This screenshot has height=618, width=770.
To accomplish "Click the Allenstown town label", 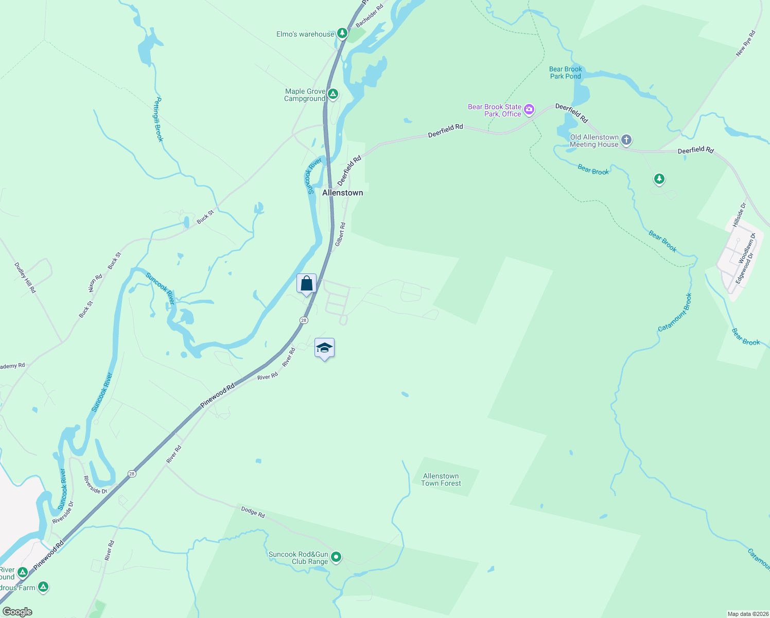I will point(342,193).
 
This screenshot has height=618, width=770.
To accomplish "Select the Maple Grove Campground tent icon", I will point(333,94).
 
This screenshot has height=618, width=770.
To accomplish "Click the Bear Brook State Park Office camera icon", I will point(529,110).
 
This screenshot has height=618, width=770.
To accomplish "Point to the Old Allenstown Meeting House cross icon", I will point(626,140).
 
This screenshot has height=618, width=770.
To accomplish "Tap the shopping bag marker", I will point(306,284).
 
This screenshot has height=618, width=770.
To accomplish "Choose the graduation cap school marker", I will point(324,348).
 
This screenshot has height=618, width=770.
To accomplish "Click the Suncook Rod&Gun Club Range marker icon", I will point(336,557).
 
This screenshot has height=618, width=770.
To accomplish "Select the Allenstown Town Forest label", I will point(441,479).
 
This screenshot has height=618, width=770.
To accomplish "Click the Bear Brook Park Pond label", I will point(565,73).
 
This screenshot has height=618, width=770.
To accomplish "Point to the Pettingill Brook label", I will point(158,119).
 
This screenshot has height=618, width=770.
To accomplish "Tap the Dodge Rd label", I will point(253,512).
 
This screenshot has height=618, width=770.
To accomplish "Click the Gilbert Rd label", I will point(340,234).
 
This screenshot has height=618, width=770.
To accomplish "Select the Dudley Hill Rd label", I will point(25,278).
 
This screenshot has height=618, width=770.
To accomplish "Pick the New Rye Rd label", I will point(745,44).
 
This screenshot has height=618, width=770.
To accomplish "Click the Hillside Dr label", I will point(739,215).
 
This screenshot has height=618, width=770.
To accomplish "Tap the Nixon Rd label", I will point(95,283).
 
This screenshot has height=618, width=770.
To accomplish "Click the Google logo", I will point(17,612).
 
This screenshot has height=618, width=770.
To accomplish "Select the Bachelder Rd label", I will point(370,16).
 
